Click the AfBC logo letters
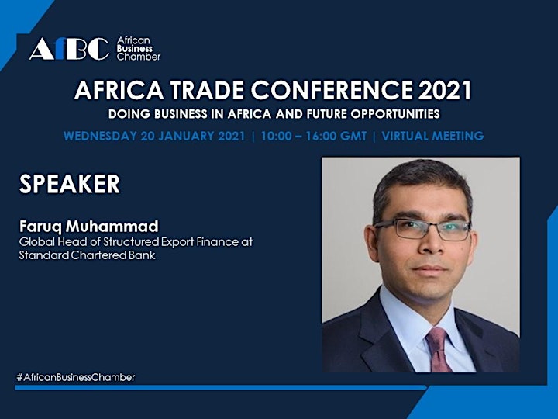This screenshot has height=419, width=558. [x=70, y=49]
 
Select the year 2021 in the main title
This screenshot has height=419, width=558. [x=445, y=90]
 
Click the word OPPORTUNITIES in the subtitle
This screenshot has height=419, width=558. [x=395, y=114]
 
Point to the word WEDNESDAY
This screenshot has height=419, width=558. [x=100, y=136]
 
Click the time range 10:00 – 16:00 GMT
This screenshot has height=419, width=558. [x=314, y=136]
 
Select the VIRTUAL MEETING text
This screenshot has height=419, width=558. [x=432, y=136]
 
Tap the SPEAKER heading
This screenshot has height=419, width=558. [x=70, y=184]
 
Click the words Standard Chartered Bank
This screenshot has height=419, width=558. [x=87, y=255]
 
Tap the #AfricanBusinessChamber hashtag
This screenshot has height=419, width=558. [x=76, y=377]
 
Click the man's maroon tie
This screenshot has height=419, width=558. [x=439, y=349]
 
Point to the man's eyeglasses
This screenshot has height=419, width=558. [x=422, y=229]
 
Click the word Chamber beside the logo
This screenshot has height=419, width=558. [x=139, y=57]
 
